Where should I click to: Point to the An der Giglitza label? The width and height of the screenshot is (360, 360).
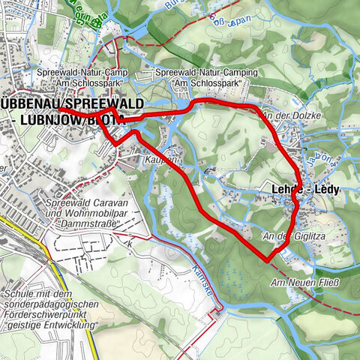click(x=286, y=237)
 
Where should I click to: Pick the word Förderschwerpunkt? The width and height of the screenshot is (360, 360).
click(x=55, y=316)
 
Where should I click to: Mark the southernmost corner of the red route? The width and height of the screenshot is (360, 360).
click(x=268, y=260)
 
